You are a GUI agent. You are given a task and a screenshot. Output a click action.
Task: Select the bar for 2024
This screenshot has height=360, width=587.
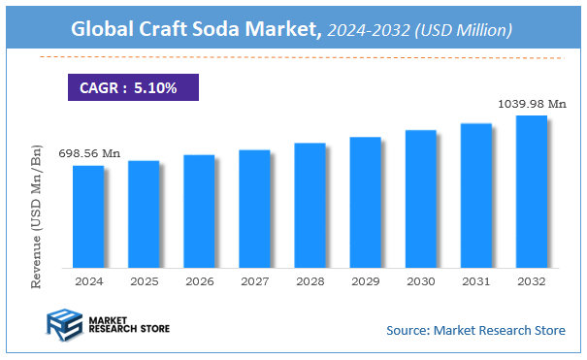[x=88, y=215]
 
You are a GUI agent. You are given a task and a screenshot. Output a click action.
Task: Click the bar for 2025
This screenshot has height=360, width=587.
[x=144, y=213]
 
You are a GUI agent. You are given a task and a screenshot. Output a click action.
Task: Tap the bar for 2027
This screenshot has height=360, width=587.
[x=254, y=208]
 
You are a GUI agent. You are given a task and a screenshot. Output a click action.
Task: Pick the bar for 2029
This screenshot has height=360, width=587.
[x=365, y=201]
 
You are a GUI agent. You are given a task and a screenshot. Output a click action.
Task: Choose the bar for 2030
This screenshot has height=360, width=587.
[x=420, y=198]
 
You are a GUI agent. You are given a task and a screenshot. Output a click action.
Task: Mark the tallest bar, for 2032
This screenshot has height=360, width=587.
[x=531, y=191]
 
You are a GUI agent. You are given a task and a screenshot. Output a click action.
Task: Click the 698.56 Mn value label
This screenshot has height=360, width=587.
[x=89, y=153]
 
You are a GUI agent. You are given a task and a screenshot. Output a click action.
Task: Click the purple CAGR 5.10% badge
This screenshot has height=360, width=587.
[x=132, y=88]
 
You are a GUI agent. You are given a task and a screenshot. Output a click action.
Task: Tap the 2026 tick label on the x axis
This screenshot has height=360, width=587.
[x=199, y=280]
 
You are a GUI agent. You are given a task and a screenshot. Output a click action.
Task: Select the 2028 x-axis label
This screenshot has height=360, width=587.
[x=310, y=280]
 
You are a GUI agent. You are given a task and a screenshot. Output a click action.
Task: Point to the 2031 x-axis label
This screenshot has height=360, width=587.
[x=475, y=280]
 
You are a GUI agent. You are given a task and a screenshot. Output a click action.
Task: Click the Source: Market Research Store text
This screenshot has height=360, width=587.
[x=475, y=331]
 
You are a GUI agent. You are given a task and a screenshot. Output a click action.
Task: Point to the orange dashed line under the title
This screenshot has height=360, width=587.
[x=291, y=58]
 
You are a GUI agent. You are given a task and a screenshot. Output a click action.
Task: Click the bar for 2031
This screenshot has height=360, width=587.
[x=475, y=195]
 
